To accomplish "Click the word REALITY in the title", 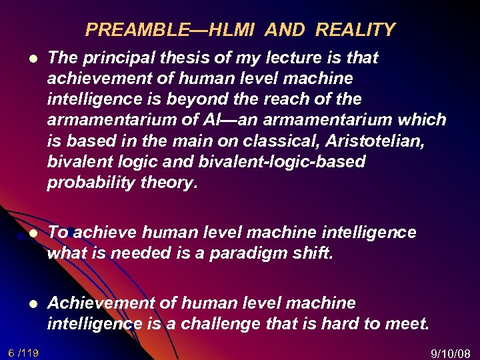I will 355,30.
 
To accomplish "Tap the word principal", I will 112,58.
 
